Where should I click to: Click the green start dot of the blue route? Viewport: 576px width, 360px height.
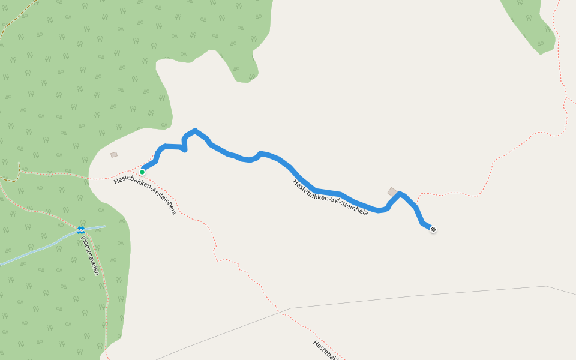[x=142, y=172]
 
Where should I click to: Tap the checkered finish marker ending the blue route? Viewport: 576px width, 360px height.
[x=433, y=229]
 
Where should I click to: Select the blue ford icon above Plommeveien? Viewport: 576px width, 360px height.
[x=80, y=230]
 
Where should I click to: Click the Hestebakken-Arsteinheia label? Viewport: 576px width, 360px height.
[x=145, y=195]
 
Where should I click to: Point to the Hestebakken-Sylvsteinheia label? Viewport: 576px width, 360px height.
[x=330, y=197]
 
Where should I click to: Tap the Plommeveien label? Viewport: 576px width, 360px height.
[x=89, y=255]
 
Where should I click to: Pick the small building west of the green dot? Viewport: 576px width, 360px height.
[x=114, y=155]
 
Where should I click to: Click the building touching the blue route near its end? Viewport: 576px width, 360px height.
[x=392, y=192]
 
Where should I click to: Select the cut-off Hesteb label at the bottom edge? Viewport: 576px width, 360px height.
[x=326, y=350]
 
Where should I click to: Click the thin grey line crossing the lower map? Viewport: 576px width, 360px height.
[x=420, y=295]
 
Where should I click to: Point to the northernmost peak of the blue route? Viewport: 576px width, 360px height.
[x=195, y=130]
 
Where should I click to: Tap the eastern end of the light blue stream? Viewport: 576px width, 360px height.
[x=104, y=226]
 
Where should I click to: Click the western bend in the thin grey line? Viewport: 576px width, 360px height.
[x=292, y=308]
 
